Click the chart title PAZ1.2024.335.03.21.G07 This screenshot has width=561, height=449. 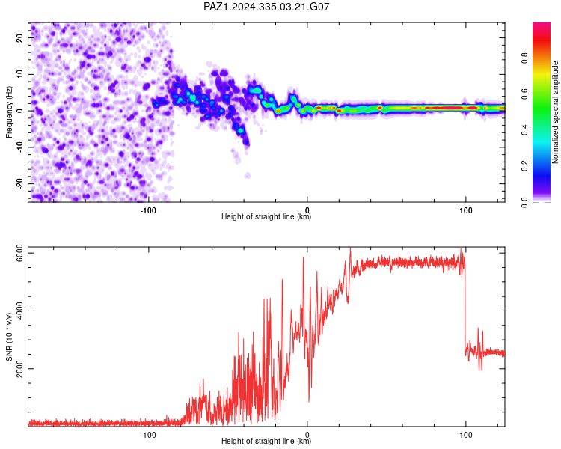pos(266,7)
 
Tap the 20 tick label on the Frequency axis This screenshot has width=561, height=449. pos(19,37)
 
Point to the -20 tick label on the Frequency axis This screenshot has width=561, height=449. pos(19,183)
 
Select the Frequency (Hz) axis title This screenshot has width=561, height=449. pos(9,112)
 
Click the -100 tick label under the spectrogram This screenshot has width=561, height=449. pos(148,210)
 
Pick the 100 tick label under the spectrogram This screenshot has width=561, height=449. pos(465,210)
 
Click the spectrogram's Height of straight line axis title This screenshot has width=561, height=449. pos(266,216)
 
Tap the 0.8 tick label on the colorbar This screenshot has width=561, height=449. pos(524,58)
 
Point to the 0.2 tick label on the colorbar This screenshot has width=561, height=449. pos(524,165)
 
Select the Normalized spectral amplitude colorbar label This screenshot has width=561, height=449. pos(555,112)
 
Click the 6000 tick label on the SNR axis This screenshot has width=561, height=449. pos(19,253)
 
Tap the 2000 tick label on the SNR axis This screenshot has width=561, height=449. pos(19,369)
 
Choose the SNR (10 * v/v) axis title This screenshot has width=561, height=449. pos(9,337)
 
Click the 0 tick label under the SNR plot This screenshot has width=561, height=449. pos(307,435)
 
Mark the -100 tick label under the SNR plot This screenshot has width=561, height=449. pos(148,435)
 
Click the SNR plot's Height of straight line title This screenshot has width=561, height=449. pos(266,441)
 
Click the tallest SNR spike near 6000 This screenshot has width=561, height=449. pos(350,249)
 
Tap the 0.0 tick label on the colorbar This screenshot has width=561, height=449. pos(524,202)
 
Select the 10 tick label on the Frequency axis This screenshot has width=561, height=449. pos(19,74)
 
